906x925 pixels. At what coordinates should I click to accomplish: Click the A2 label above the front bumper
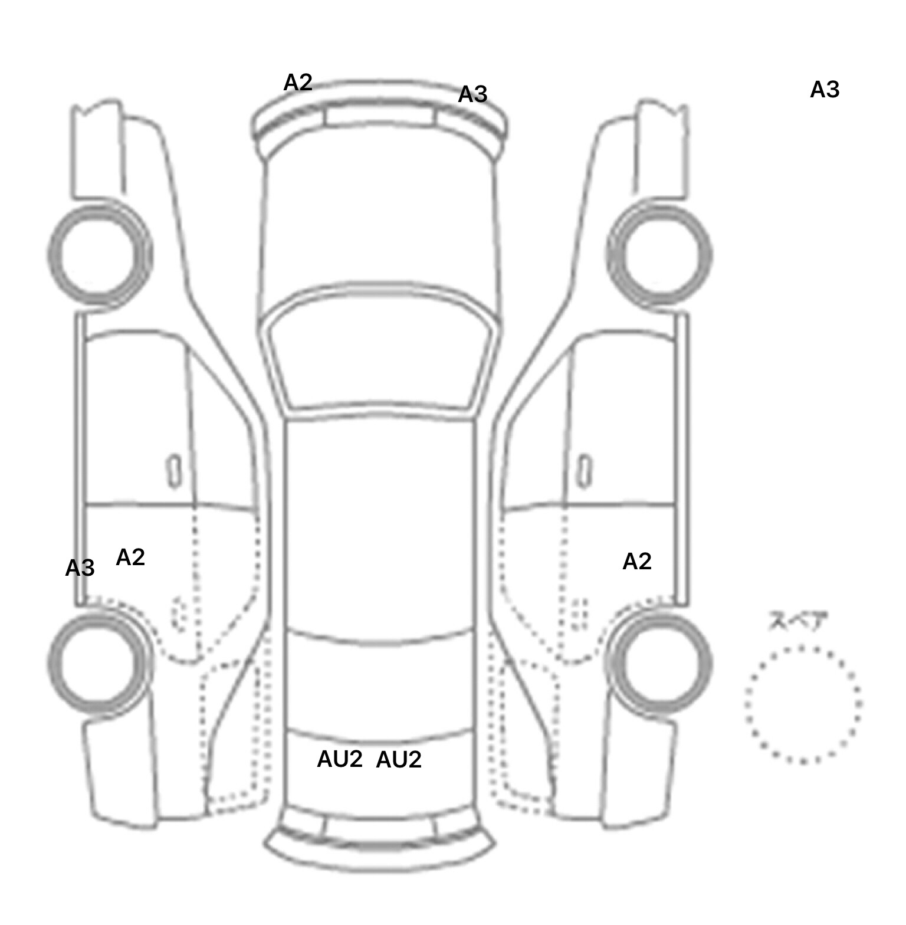pyautogui.click(x=297, y=83)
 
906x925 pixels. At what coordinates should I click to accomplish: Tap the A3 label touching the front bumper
pyautogui.click(x=472, y=94)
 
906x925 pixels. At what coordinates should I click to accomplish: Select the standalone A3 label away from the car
pyautogui.click(x=824, y=90)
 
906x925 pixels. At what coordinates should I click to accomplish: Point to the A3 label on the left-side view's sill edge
pyautogui.click(x=80, y=569)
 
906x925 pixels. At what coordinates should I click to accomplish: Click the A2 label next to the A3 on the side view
pyautogui.click(x=130, y=557)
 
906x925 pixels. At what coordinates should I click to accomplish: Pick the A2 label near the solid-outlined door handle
pyautogui.click(x=637, y=562)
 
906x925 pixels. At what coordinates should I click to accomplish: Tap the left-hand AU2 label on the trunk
pyautogui.click(x=340, y=759)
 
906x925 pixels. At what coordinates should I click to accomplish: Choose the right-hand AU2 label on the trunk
pyautogui.click(x=399, y=760)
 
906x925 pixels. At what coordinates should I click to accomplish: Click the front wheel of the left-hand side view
pyautogui.click(x=99, y=254)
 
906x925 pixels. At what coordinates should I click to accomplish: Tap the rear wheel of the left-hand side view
pyautogui.click(x=98, y=661)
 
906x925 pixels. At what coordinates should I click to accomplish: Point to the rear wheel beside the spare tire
pyautogui.click(x=659, y=661)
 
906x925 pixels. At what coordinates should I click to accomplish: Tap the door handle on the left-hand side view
pyautogui.click(x=174, y=471)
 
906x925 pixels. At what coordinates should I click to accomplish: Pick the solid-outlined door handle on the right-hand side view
pyautogui.click(x=584, y=471)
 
